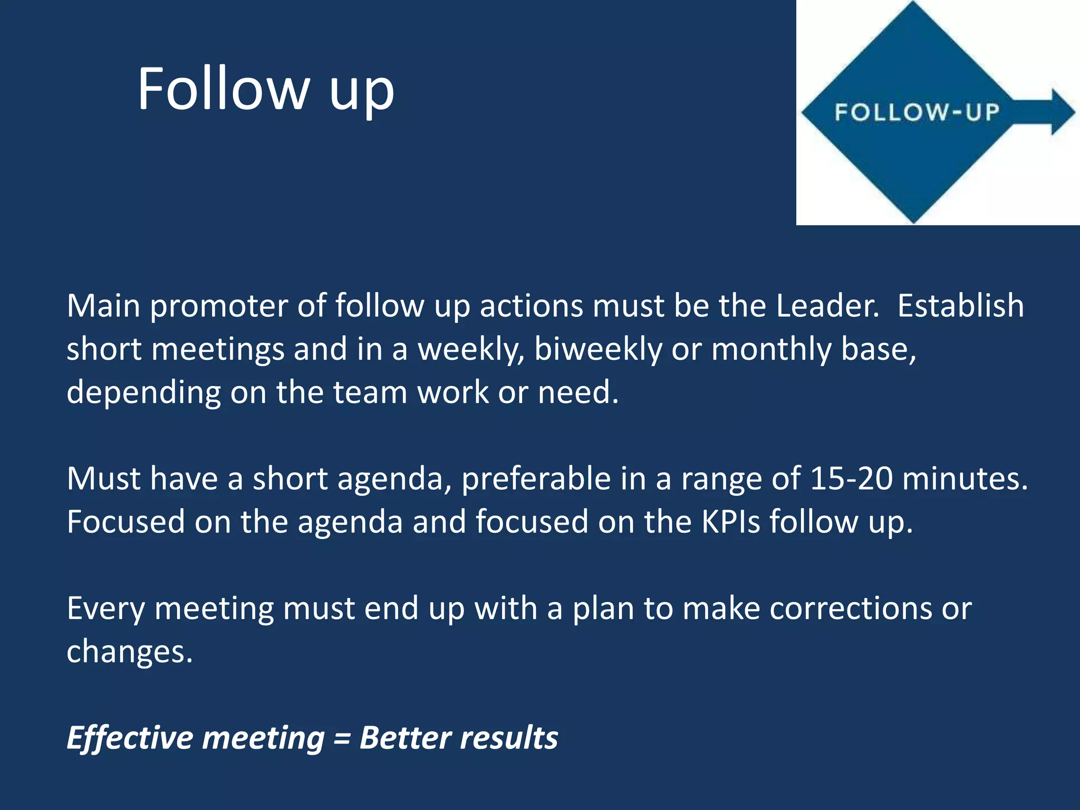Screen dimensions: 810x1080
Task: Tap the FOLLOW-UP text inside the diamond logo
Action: (917, 112)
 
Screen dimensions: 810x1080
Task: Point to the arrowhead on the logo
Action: (1060, 112)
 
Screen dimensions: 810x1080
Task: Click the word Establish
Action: (960, 306)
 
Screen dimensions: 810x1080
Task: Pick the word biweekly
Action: (597, 350)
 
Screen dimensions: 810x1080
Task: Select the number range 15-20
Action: (851, 479)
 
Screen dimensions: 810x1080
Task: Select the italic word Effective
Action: (130, 738)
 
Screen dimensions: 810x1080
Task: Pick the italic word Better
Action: (406, 738)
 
